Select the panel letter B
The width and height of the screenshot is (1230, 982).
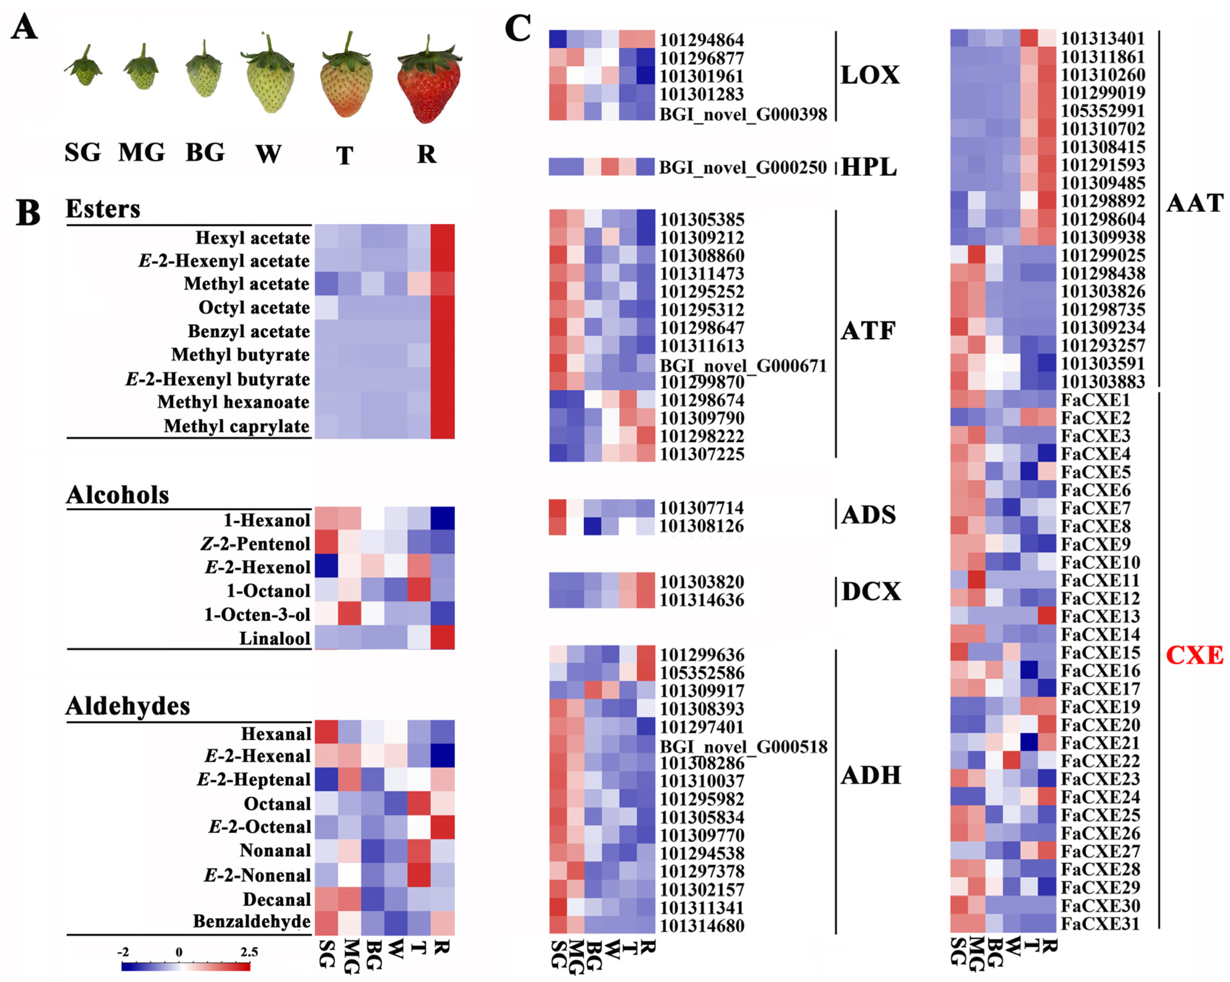click(x=28, y=213)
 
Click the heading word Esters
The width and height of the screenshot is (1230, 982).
click(x=103, y=209)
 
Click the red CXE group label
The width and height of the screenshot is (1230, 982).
click(x=1194, y=655)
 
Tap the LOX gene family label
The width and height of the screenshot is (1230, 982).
click(x=870, y=75)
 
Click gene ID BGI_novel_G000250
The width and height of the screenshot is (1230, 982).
click(x=743, y=167)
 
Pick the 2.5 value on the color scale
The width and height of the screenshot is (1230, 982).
click(x=249, y=952)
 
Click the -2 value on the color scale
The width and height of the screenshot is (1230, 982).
click(x=123, y=952)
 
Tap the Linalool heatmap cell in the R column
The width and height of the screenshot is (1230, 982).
click(x=443, y=638)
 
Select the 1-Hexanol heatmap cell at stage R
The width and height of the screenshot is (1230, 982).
click(x=443, y=518)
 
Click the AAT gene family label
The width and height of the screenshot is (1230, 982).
click(x=1194, y=203)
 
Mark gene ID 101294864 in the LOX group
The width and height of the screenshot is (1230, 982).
click(x=702, y=40)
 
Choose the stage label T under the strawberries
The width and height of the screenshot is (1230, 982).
click(x=344, y=155)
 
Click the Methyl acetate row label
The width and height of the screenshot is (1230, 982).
click(x=246, y=284)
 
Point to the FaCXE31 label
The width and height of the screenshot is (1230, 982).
click(x=1100, y=923)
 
